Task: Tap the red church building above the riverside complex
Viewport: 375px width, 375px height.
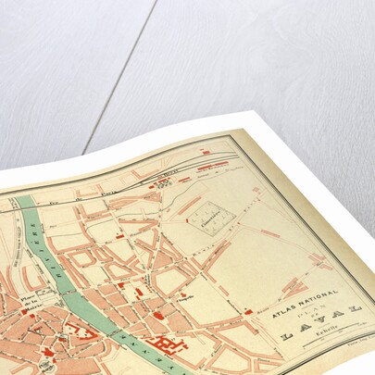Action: [x=158, y=316]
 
